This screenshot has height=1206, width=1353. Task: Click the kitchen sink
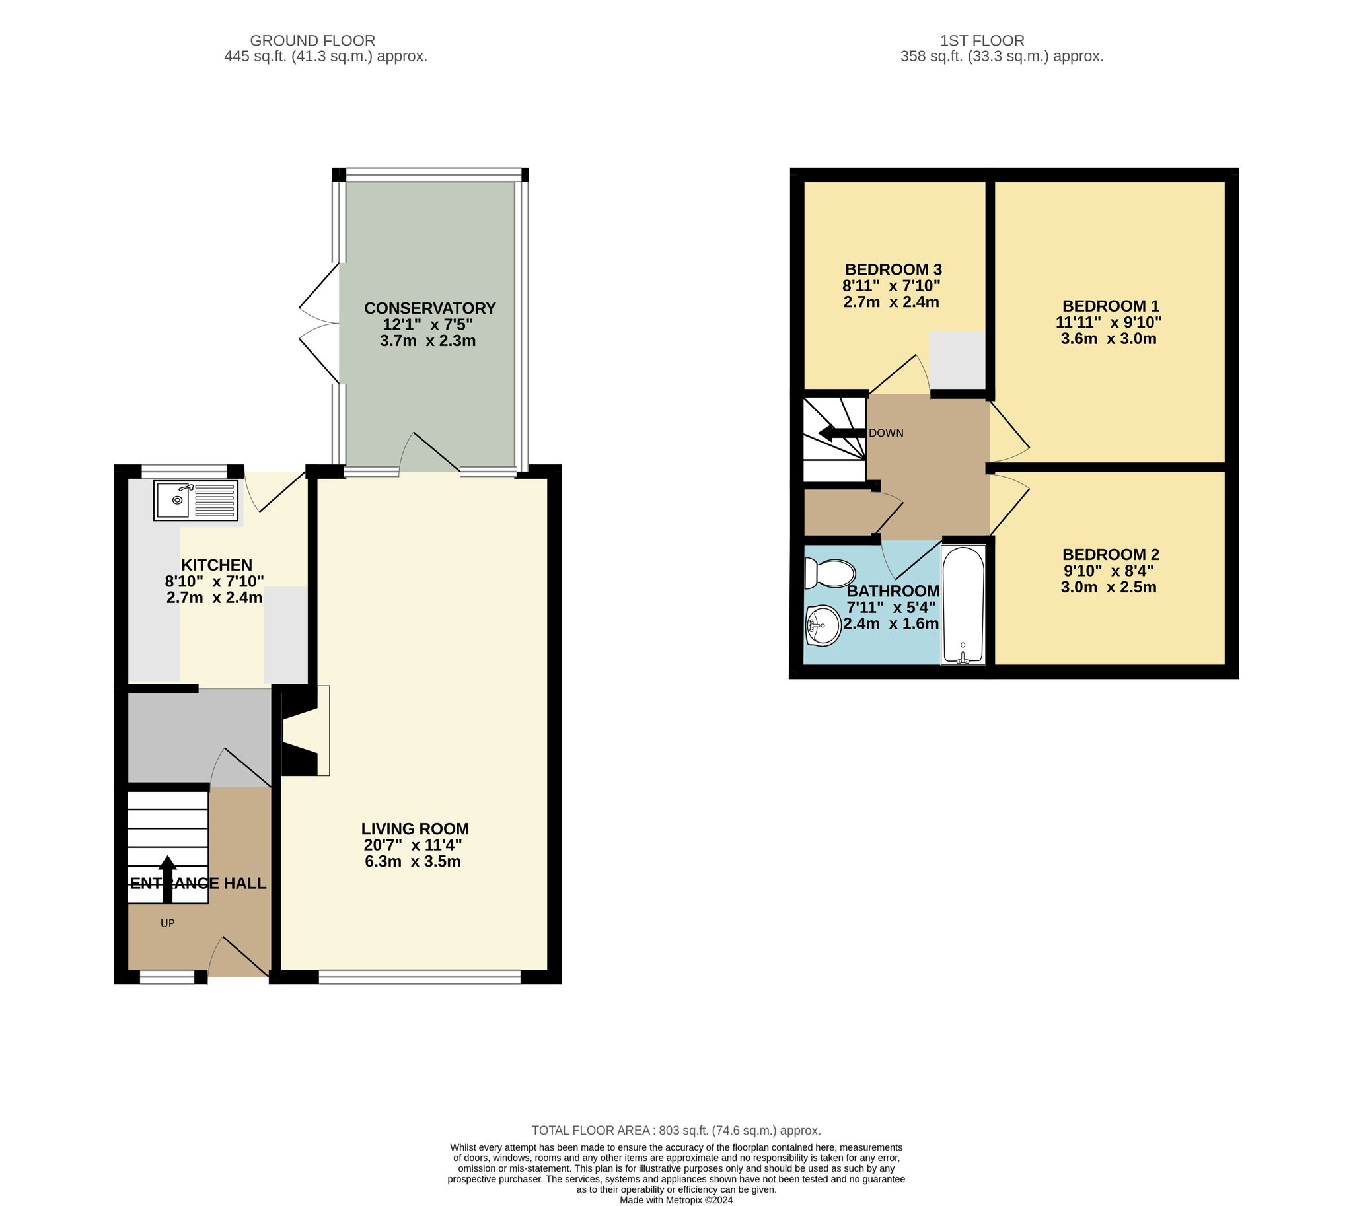click(x=196, y=500)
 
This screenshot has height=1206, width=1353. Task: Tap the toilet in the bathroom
click(x=828, y=573)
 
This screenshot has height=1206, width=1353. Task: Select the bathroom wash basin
click(x=823, y=625)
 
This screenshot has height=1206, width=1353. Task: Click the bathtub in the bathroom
click(x=963, y=605)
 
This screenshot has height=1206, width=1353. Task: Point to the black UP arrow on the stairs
click(x=167, y=879)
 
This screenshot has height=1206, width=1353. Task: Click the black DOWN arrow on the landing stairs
click(x=842, y=433)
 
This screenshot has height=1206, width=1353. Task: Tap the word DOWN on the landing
click(x=886, y=433)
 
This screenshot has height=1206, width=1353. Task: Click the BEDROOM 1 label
click(x=1111, y=306)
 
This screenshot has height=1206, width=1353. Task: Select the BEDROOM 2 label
click(x=1111, y=555)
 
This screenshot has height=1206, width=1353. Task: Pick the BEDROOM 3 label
click(x=893, y=269)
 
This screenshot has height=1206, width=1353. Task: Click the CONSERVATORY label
click(x=429, y=308)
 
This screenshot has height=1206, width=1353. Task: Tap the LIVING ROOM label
click(x=415, y=829)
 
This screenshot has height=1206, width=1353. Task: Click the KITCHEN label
click(x=217, y=565)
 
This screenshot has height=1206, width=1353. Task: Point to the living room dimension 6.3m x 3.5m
click(x=412, y=861)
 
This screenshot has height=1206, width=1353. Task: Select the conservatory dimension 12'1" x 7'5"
click(x=427, y=325)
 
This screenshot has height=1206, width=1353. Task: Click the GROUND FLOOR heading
click(x=312, y=40)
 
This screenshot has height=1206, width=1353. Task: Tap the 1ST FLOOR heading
click(x=982, y=40)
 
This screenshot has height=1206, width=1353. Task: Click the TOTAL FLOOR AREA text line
click(x=676, y=1131)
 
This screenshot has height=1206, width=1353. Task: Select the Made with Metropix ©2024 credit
click(x=676, y=1200)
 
